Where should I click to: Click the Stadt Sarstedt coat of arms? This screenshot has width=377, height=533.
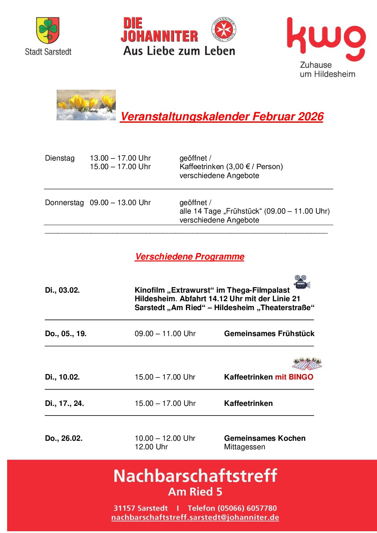point(48,30)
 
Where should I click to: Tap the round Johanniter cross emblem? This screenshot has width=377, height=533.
point(224,29)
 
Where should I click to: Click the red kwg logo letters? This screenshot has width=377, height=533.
point(326,39)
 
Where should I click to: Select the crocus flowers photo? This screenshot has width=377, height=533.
point(86,105)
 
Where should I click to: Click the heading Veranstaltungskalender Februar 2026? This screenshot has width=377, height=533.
point(222,116)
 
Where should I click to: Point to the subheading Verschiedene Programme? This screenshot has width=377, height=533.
point(190,257)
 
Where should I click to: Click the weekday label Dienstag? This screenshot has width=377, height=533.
point(60,158)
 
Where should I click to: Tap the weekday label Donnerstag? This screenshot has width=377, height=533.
point(64,203)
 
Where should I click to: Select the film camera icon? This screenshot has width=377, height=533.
point(302,282)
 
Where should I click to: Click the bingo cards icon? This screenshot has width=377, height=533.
point(307,364)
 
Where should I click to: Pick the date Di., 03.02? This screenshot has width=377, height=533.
point(62,290)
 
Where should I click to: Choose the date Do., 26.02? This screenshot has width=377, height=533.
point(64,438)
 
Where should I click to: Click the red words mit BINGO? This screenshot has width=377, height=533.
point(294,377)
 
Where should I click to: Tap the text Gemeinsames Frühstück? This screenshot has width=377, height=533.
point(269,334)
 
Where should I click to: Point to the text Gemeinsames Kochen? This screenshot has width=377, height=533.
point(265,438)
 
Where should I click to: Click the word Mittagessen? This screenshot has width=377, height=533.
point(244,447)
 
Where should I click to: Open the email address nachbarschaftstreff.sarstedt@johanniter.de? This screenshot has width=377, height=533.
point(195,517)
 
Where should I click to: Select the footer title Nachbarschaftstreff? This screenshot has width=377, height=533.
point(195,476)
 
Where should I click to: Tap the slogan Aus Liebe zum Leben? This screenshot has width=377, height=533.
point(179,51)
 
